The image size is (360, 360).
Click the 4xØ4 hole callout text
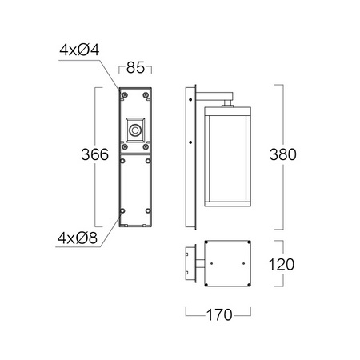point(79,50)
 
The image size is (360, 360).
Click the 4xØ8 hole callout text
point(78,238)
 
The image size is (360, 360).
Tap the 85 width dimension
point(135,68)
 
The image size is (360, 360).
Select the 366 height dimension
point(95,154)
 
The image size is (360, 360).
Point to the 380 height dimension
point(283,154)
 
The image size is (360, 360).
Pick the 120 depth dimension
point(282,265)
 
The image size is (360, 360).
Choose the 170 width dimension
point(219,315)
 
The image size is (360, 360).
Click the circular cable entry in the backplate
point(135,130)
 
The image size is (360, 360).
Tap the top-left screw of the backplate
point(125,95)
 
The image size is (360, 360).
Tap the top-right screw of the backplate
point(146,95)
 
